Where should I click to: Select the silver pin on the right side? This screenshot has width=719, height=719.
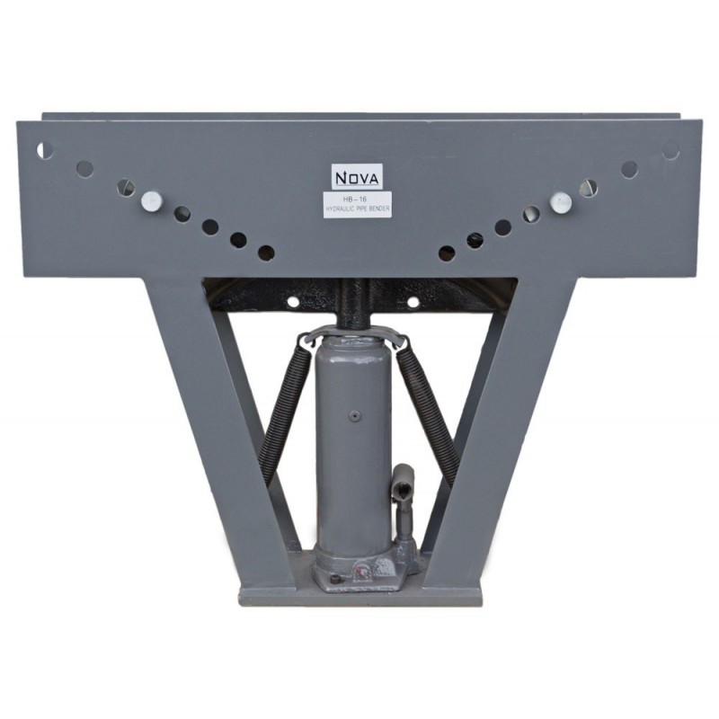pyautogui.click(x=561, y=202)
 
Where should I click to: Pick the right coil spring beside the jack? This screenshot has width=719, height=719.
pyautogui.click(x=429, y=409)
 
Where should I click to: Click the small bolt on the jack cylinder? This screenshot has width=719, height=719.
pyautogui.click(x=354, y=416)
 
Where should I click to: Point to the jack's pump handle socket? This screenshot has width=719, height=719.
pyautogui.click(x=402, y=485)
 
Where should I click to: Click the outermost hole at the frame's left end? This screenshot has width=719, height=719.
pyautogui.click(x=43, y=150)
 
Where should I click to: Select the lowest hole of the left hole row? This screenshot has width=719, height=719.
pyautogui.click(x=266, y=253)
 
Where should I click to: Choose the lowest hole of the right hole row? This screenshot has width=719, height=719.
pyautogui.click(x=447, y=253)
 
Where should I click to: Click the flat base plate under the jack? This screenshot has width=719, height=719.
pyautogui.click(x=359, y=595)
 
